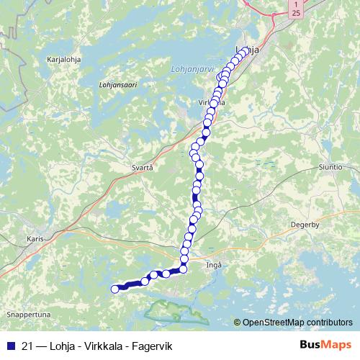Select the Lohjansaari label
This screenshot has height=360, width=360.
pyautogui.click(x=117, y=84)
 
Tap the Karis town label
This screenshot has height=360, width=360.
pyautogui.click(x=35, y=238)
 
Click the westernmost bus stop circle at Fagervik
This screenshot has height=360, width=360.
pyautogui.click(x=114, y=289)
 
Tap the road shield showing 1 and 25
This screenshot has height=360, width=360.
pyautogui.click(x=296, y=9)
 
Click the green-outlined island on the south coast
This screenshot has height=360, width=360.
pyautogui.click(x=171, y=310)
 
